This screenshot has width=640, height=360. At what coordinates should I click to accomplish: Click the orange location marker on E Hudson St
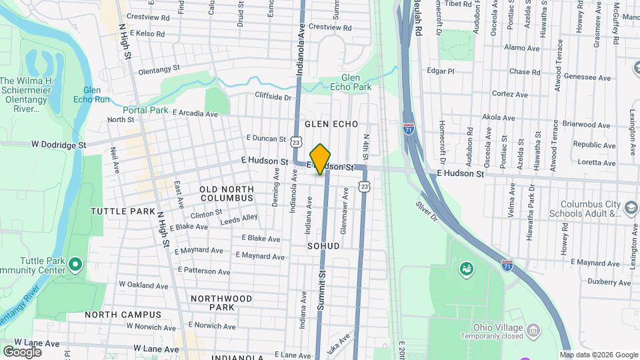click(x=321, y=159)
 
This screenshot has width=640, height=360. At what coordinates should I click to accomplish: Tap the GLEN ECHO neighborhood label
click(x=331, y=124)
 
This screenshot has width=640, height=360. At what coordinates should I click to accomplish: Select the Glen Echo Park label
click(x=355, y=82)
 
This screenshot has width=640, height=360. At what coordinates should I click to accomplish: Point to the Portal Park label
click(x=145, y=110)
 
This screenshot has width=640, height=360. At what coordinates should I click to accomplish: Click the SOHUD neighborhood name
click(x=323, y=246)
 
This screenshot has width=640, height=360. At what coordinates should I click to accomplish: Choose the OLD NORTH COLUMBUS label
click(x=227, y=194)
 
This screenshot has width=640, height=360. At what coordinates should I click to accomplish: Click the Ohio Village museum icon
click(x=533, y=330)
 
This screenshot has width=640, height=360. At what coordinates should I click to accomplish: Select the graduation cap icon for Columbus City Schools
click(x=629, y=209)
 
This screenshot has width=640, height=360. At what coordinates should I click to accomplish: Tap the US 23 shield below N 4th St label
click(x=363, y=187)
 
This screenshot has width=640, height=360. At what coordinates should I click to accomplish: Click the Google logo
click(x=22, y=351)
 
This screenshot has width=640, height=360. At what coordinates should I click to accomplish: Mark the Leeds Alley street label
click(x=239, y=218)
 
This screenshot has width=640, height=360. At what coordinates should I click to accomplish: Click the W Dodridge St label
click(x=59, y=144)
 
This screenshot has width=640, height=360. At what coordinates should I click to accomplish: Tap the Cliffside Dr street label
click(x=273, y=97)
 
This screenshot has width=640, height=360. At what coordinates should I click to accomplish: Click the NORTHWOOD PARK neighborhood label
click(x=212, y=303)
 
